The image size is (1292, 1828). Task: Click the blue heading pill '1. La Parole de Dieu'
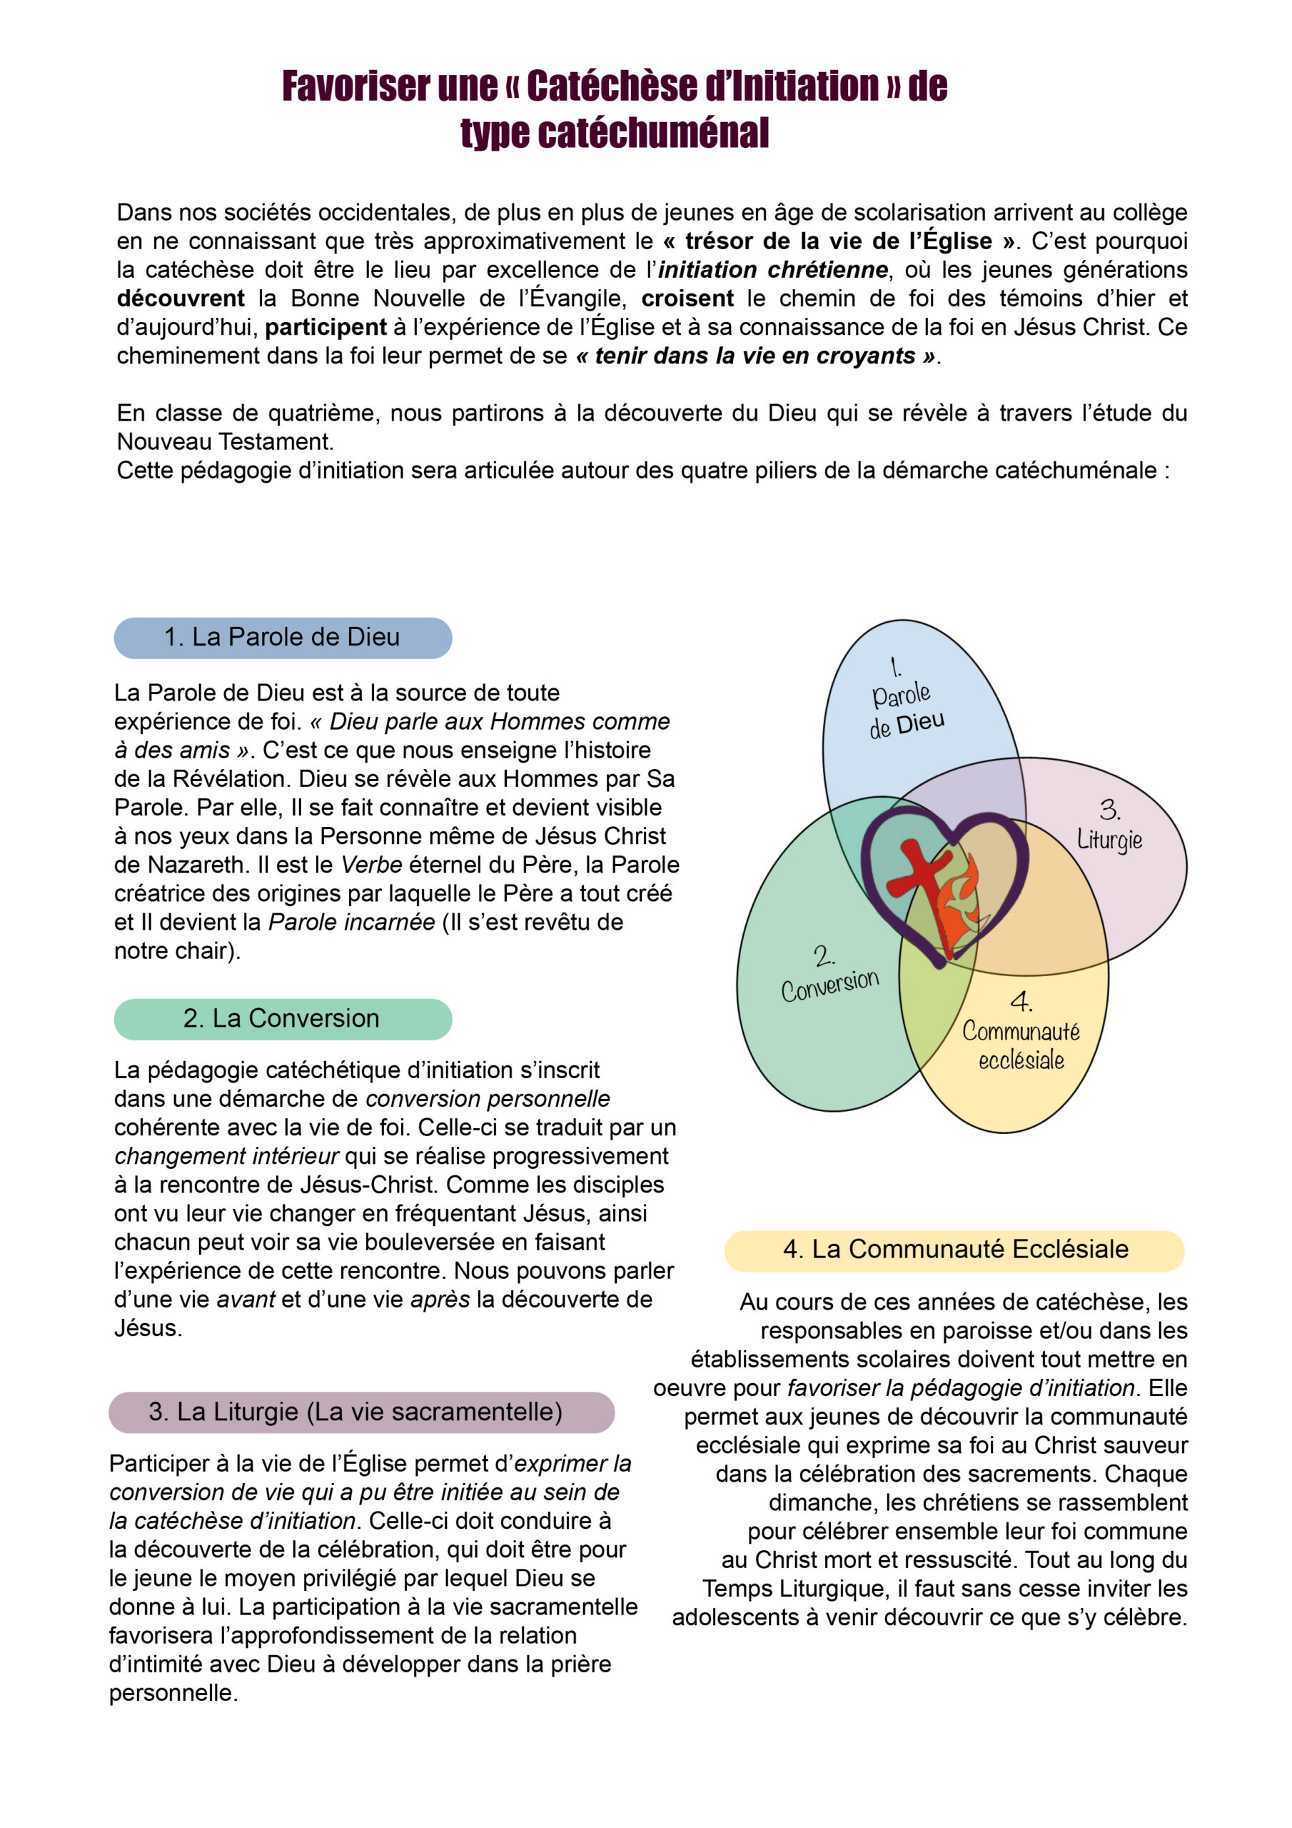pyautogui.click(x=283, y=638)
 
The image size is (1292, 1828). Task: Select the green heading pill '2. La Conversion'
pyautogui.click(x=283, y=1019)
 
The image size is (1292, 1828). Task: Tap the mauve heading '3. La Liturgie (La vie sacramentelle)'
pyautogui.click(x=361, y=1412)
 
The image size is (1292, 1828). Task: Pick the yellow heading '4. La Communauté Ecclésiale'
pyautogui.click(x=954, y=1248)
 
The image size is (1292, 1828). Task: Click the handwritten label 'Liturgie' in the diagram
pyautogui.click(x=1109, y=840)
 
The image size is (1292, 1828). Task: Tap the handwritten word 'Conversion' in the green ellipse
pyautogui.click(x=829, y=985)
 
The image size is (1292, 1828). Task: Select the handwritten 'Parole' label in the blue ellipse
pyautogui.click(x=901, y=695)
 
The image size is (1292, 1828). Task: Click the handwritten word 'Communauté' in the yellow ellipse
pyautogui.click(x=1021, y=1032)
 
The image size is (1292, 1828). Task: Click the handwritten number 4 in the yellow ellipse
pyautogui.click(x=1021, y=1001)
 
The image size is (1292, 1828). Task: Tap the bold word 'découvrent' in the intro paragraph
pyautogui.click(x=181, y=298)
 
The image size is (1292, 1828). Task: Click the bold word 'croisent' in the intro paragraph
pyautogui.click(x=687, y=298)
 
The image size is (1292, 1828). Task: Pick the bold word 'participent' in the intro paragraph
pyautogui.click(x=325, y=327)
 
